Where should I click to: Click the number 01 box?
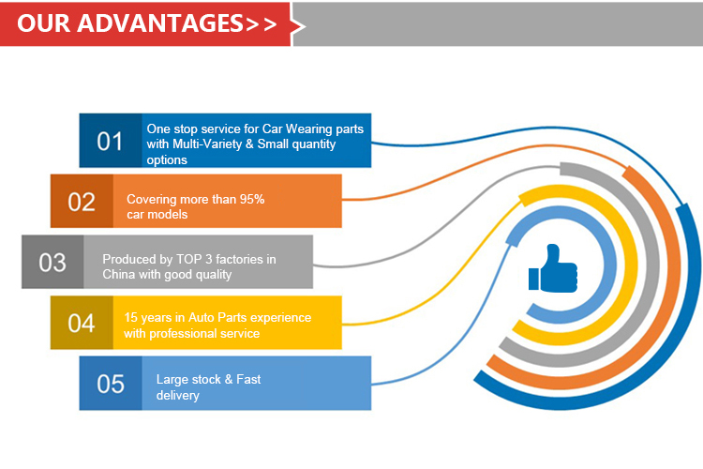point(111,142)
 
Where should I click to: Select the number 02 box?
point(82,202)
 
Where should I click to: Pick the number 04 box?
point(82,324)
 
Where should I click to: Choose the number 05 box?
point(111,384)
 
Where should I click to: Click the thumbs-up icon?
point(553,269)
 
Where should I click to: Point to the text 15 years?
point(149,317)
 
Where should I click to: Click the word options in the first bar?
point(167,159)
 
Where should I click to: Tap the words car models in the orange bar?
point(157,215)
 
